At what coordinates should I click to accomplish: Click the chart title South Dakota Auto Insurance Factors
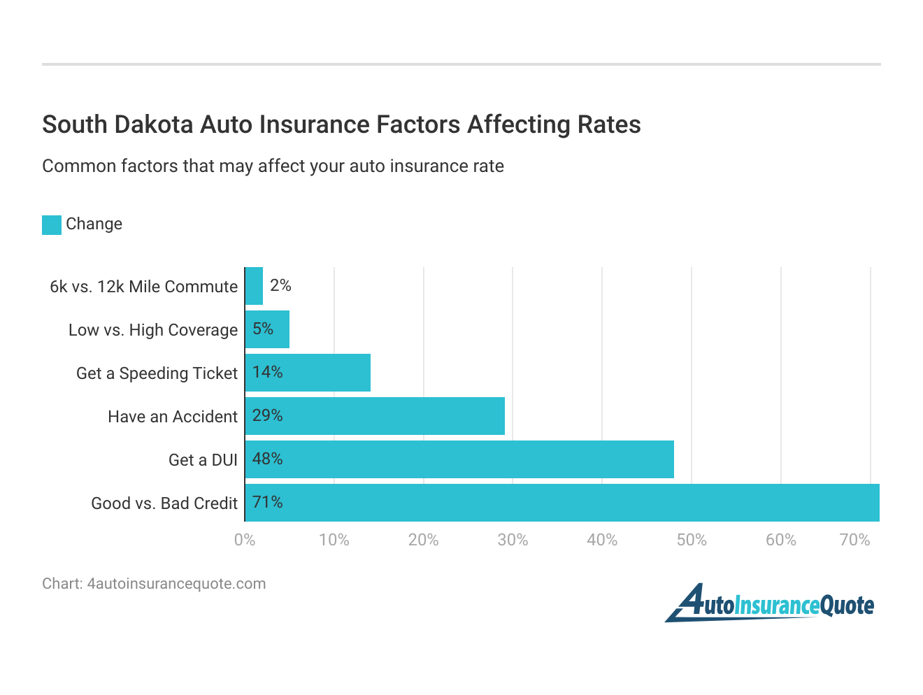(341, 124)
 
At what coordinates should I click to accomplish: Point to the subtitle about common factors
(273, 166)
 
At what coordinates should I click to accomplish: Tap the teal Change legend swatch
(52, 224)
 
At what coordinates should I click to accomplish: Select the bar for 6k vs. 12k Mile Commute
(255, 286)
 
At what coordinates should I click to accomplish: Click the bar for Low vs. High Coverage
(268, 329)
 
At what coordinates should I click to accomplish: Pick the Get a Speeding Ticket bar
(308, 373)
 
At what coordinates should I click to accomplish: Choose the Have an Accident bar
(375, 416)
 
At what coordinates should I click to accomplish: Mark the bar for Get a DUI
(459, 459)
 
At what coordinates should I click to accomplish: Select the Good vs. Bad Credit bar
(562, 503)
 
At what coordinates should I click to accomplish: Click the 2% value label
(280, 285)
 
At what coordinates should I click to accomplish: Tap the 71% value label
(267, 502)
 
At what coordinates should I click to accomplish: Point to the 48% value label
(267, 459)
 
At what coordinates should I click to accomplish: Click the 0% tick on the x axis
(245, 540)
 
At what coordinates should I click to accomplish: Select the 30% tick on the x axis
(513, 540)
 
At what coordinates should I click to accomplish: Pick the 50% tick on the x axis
(691, 540)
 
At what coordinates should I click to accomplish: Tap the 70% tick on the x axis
(854, 540)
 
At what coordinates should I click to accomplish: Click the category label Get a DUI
(203, 460)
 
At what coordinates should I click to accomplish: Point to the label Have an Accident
(173, 417)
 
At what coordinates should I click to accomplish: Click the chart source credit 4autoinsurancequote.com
(154, 584)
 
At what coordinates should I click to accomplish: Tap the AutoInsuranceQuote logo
(769, 603)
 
